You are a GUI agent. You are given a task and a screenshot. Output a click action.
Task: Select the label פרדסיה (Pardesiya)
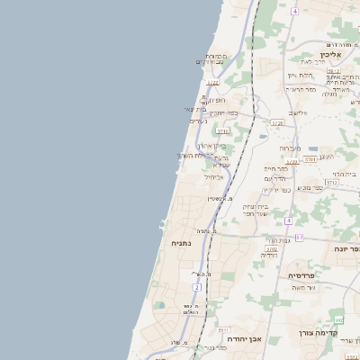[x=301, y=274]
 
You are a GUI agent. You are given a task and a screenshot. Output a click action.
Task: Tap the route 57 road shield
[x=300, y=238]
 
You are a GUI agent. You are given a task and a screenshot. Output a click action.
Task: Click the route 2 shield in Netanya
[x=196, y=287]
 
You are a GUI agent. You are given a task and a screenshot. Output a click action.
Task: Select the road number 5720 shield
[x=277, y=122]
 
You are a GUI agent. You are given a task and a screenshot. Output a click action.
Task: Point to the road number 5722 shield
[x=213, y=83]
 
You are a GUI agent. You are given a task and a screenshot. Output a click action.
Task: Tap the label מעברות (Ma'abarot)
[x=289, y=148]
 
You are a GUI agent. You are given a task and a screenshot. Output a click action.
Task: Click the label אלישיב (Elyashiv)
[x=298, y=112]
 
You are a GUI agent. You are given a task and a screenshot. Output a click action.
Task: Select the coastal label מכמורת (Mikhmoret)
[x=215, y=56]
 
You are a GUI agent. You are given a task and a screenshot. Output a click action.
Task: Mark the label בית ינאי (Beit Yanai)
[x=196, y=110]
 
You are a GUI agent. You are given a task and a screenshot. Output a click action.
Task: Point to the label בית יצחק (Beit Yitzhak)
[x=256, y=206]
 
